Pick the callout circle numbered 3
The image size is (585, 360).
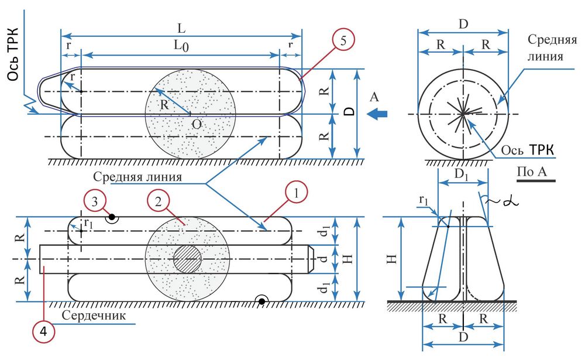95,203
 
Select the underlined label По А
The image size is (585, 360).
534,172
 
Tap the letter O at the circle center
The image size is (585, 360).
197,124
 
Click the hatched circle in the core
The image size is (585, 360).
188,259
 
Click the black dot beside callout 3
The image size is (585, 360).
111,217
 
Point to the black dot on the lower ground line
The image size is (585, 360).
262,301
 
